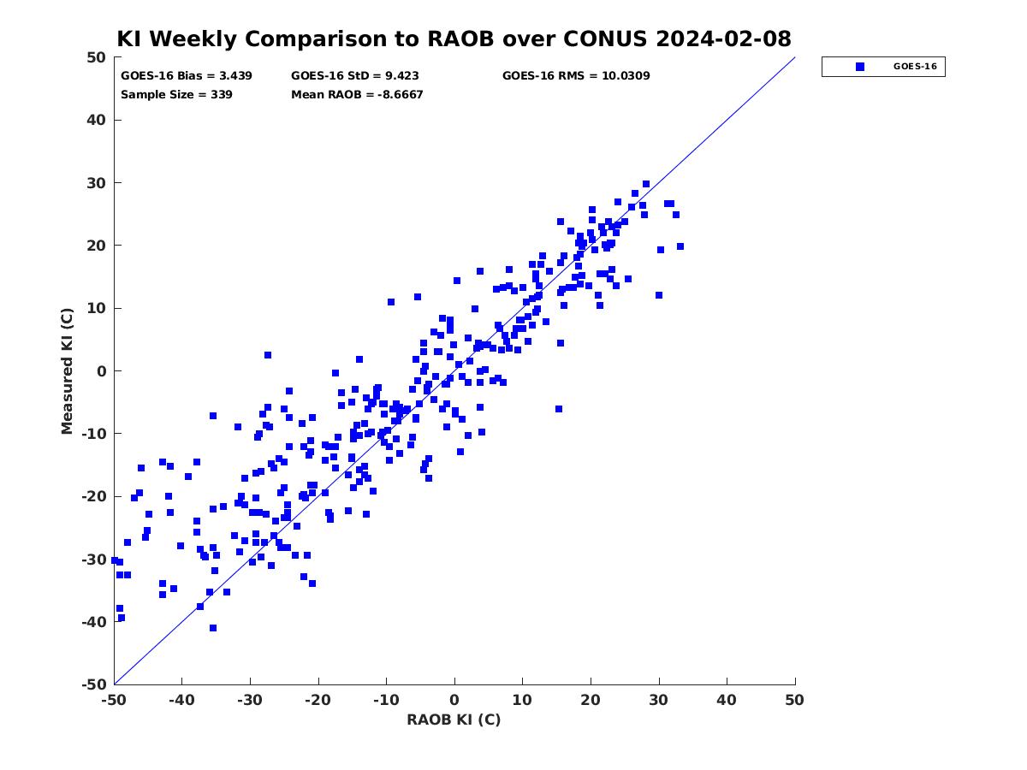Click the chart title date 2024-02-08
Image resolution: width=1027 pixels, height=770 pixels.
723,38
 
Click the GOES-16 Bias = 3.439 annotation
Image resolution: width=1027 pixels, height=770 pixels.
187,76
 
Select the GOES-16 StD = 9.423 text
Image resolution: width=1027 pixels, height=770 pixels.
354,76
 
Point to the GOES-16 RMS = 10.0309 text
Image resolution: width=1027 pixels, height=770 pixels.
576,76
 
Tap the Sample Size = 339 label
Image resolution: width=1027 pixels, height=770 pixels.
176,95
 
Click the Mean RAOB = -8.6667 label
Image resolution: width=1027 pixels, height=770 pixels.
357,95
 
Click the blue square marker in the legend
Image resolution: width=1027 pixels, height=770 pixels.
860,67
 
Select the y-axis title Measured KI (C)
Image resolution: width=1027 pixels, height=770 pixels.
67,370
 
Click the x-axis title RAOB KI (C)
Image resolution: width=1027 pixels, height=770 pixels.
454,720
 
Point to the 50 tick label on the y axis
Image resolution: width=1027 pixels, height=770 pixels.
97,57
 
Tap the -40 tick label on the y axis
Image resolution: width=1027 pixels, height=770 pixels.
93,622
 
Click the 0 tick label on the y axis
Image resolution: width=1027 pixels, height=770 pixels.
102,371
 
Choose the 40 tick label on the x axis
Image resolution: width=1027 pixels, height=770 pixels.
727,700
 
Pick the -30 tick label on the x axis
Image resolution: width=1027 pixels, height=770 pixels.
250,700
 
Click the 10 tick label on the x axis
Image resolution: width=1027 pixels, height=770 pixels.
522,700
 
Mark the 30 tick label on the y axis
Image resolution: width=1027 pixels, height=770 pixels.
97,183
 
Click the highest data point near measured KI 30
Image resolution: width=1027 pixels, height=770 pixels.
646,184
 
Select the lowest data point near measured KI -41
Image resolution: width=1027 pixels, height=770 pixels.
213,628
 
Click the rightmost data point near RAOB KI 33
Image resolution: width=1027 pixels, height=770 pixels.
680,246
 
